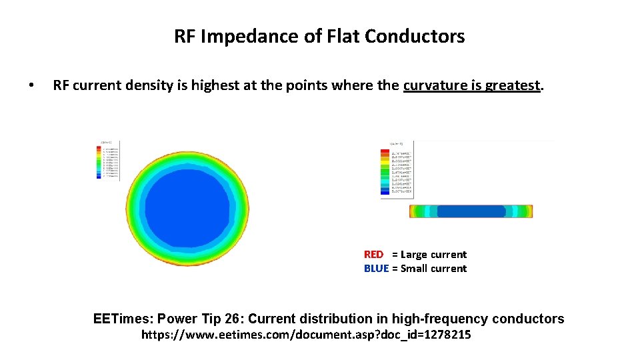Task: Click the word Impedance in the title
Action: point(243,37)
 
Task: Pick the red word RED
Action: point(373,255)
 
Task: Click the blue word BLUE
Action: point(376,269)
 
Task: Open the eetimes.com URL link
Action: point(306,335)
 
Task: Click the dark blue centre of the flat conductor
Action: point(471,211)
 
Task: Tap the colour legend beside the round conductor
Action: point(109,160)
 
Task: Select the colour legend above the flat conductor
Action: point(397,170)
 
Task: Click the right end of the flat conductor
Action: point(530,211)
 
